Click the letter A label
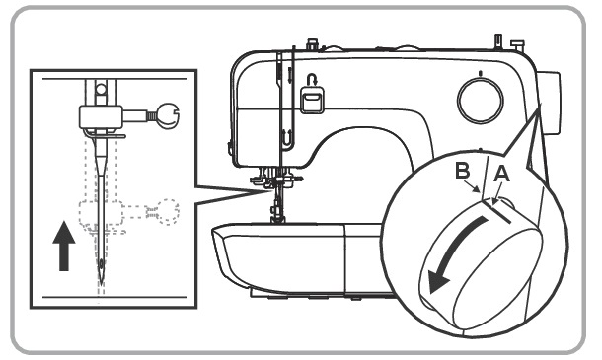pos(501,175)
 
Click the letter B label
pos(463,171)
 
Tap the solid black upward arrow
pos(64,246)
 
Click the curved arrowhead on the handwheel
pos(437,280)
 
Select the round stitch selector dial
pos(481,101)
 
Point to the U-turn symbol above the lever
pos(311,80)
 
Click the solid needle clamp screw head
pos(168,116)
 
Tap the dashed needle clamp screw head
pos(167,211)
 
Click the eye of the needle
pos(102,263)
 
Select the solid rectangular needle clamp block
pos(101,117)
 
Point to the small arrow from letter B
pos(471,185)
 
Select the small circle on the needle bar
pos(101,90)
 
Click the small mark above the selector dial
pos(480,73)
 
